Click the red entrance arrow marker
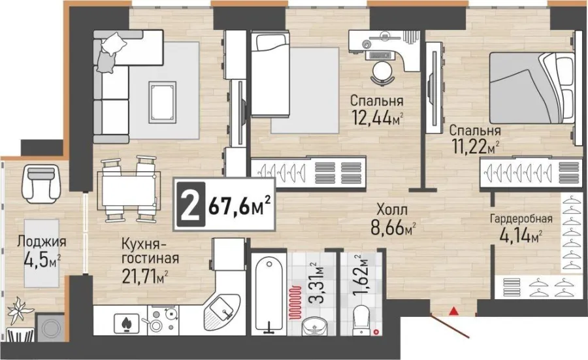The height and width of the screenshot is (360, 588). (x=454, y=310)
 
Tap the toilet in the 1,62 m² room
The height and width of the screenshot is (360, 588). (x=361, y=320)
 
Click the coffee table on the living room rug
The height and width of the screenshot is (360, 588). (x=163, y=103)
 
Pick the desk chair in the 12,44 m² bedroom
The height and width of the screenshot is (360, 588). (x=382, y=73)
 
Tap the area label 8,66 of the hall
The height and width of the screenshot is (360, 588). (x=388, y=227)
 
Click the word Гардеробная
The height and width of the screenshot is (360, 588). (x=521, y=219)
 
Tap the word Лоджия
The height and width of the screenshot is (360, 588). (x=42, y=242)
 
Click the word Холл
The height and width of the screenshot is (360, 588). (x=392, y=209)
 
